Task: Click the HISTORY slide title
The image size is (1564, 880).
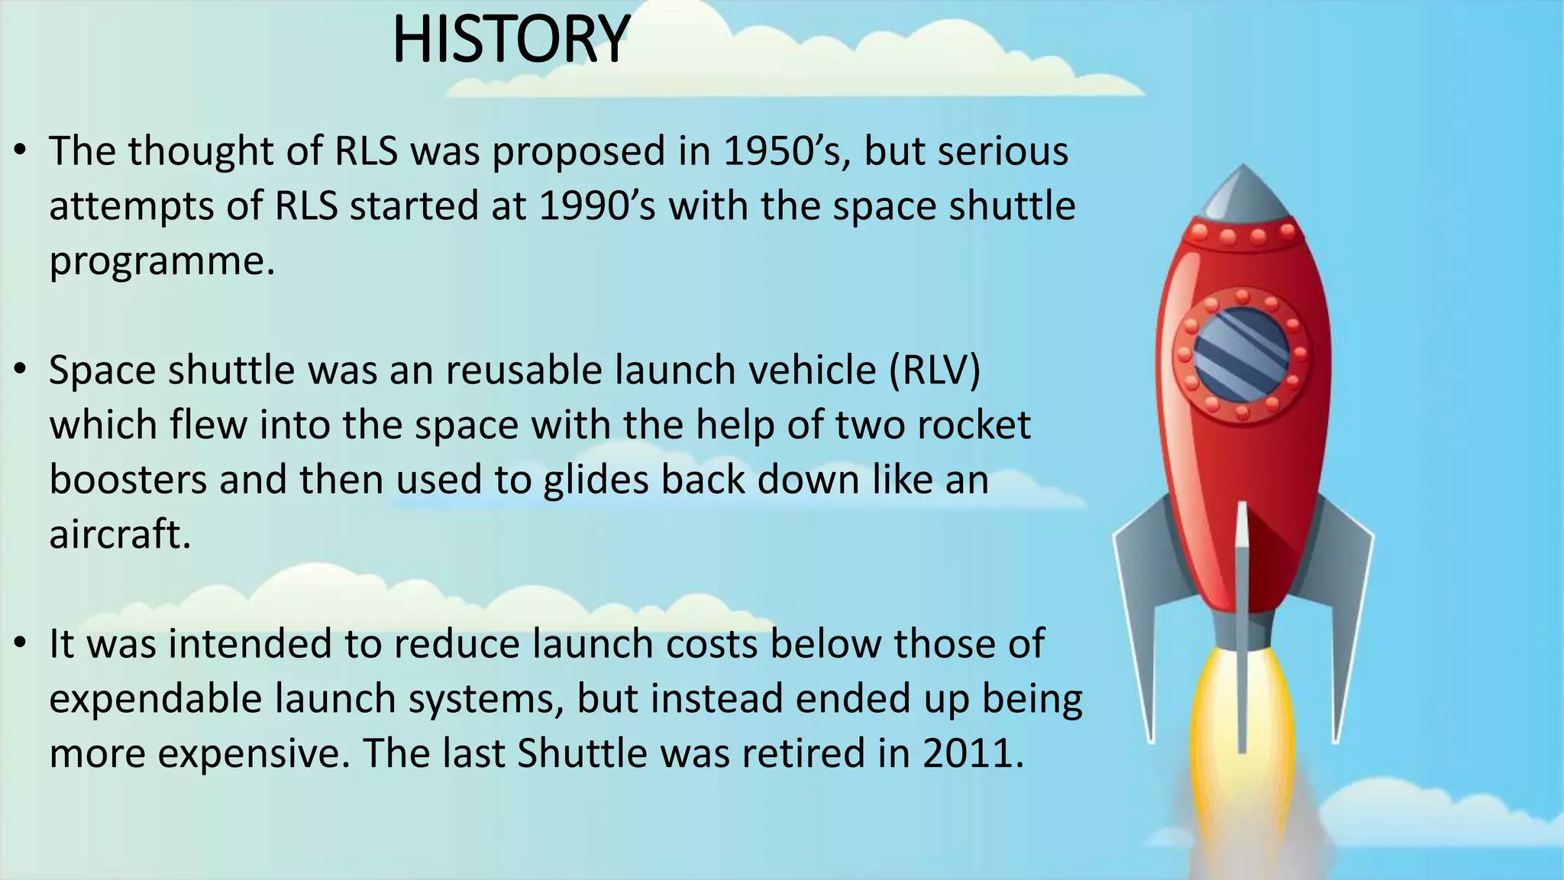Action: [510, 40]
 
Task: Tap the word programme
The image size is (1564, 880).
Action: [161, 262]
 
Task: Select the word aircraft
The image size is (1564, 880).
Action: [119, 534]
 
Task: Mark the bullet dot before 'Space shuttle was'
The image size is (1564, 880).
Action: [21, 370]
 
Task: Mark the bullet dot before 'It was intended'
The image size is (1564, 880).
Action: [21, 643]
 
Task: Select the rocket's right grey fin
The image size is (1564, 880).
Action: [1348, 603]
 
